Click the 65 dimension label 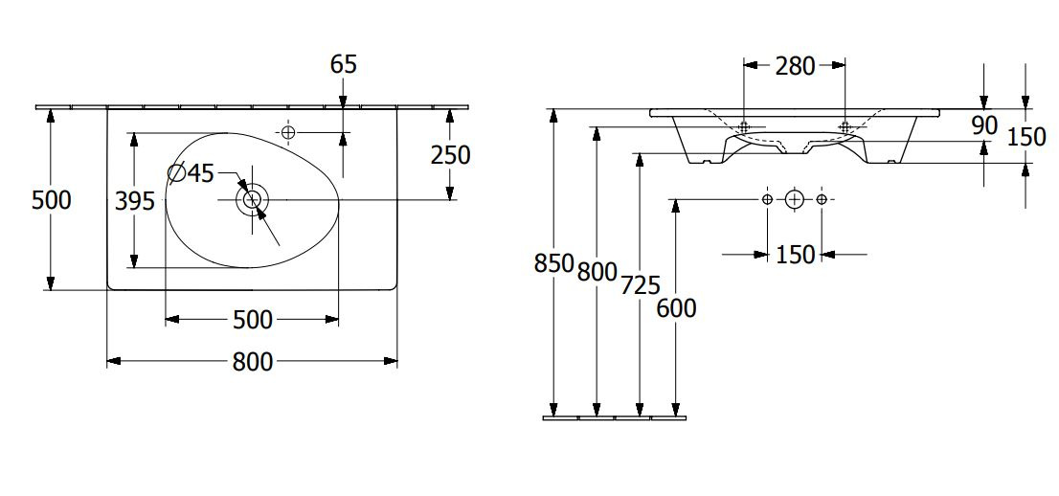click(343, 64)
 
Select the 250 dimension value click(450, 155)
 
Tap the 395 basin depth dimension click(134, 201)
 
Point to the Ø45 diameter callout click(191, 173)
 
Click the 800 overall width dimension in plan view click(253, 362)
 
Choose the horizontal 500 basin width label click(253, 320)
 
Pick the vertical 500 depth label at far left click(52, 200)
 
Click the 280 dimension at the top click(795, 66)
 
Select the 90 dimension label click(985, 125)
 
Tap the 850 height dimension click(553, 263)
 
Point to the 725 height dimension click(641, 286)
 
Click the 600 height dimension click(676, 308)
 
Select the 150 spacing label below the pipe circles click(795, 255)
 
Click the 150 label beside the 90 click(1026, 137)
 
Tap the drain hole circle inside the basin click(252, 199)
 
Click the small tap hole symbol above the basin click(288, 132)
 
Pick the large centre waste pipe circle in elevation click(795, 199)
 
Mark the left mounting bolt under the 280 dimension click(744, 126)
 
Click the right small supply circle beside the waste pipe click(822, 199)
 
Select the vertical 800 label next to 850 click(597, 272)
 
